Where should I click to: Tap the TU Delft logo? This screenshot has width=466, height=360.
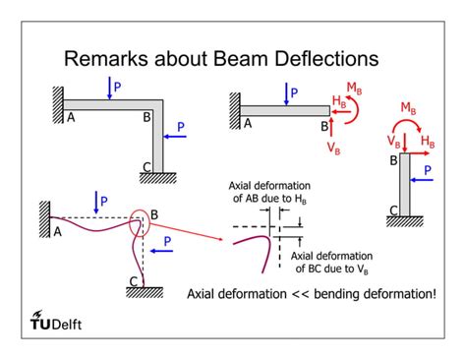click(x=61, y=324)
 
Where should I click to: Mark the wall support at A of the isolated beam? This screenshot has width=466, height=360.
click(x=233, y=107)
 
